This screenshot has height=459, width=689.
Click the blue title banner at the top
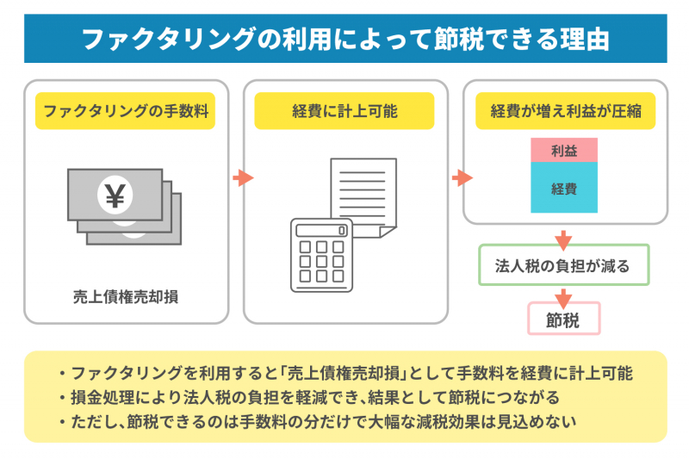(344, 39)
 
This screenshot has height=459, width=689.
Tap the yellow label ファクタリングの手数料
(125, 111)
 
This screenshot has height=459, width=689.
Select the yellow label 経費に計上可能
(344, 111)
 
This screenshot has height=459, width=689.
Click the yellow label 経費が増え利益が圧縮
(565, 111)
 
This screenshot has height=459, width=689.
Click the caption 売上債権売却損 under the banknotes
(125, 297)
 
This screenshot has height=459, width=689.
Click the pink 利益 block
(564, 151)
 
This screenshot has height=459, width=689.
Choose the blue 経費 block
(564, 188)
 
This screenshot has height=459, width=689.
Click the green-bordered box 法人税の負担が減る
(563, 266)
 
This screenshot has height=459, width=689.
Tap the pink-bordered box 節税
(563, 319)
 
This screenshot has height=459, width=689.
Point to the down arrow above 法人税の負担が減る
(563, 238)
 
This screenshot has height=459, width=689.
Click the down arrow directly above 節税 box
(563, 296)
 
